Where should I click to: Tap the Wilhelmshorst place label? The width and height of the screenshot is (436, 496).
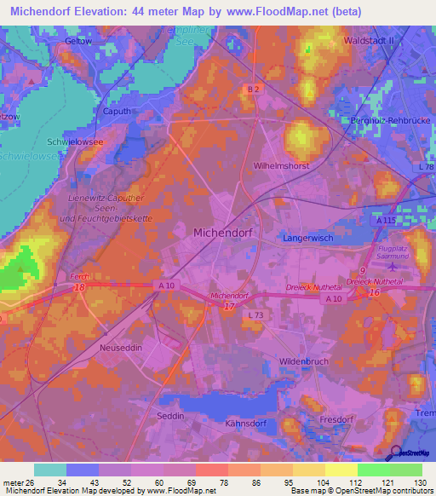click(x=281, y=166)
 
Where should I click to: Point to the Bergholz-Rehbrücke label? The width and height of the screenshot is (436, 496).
click(x=391, y=121)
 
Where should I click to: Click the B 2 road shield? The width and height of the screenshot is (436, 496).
click(x=252, y=89)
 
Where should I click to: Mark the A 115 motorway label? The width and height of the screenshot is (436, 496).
click(x=387, y=220)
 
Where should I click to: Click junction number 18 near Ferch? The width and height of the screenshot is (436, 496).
click(x=80, y=289)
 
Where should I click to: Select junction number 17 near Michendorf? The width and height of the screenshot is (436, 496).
click(x=229, y=307)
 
